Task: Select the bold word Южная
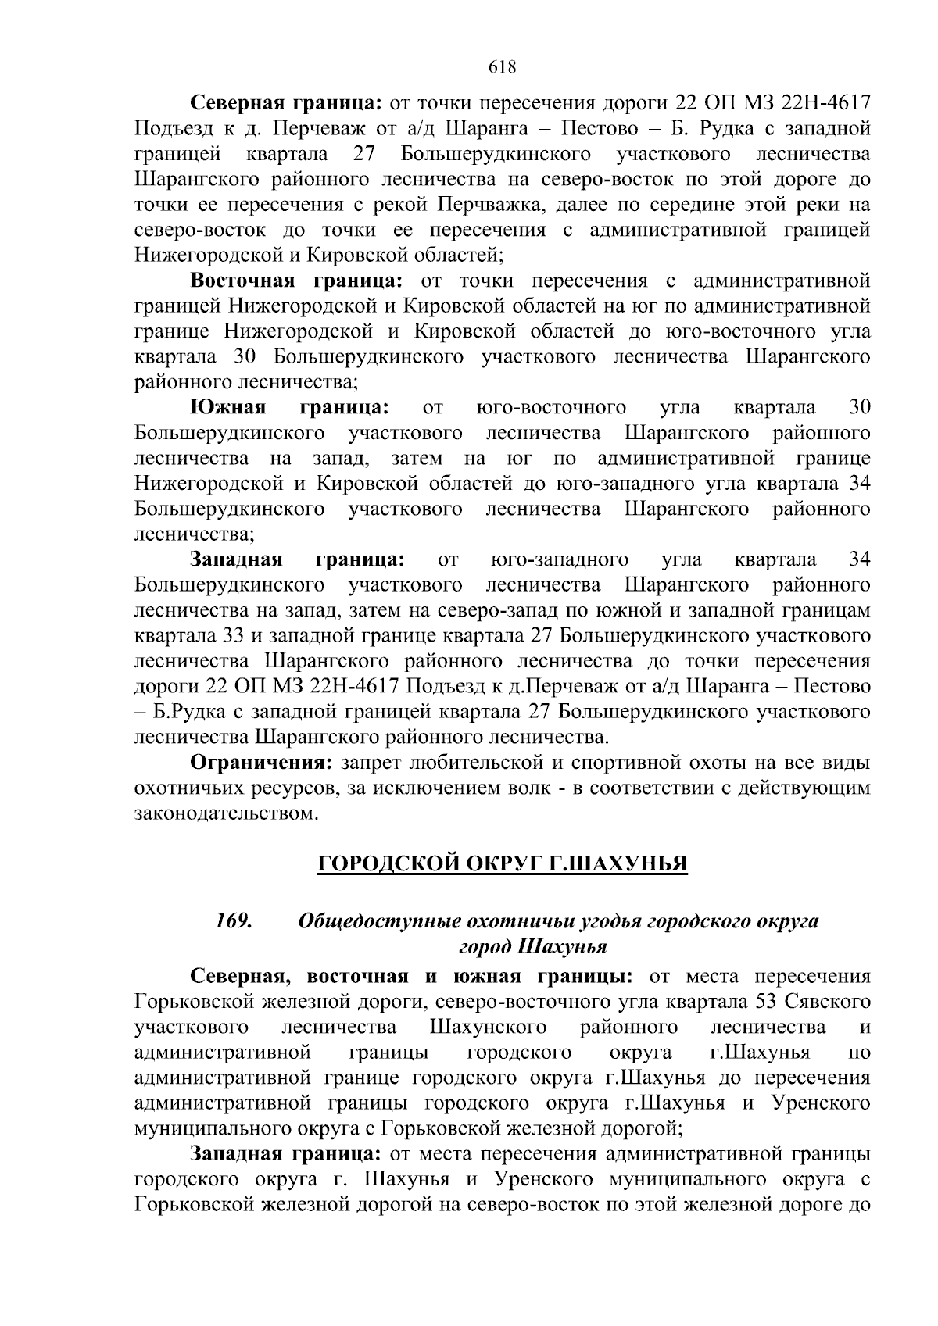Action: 228,408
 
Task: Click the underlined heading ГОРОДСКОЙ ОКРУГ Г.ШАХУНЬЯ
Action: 502,865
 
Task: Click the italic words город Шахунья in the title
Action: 533,947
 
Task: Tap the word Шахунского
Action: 488,1027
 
